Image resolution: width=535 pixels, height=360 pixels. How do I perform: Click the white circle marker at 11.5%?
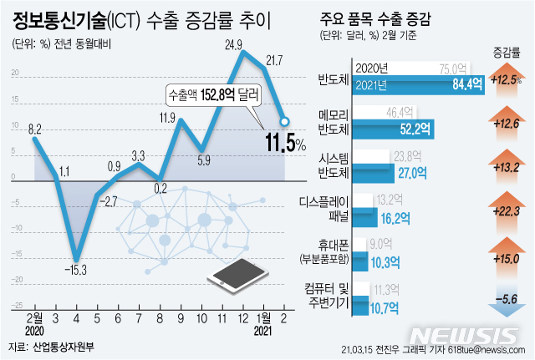[285, 122]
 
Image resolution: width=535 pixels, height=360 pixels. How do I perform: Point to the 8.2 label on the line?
[34, 129]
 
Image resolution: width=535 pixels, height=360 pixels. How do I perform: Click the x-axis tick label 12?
[242, 318]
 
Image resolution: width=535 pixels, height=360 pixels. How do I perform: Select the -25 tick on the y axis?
[16, 306]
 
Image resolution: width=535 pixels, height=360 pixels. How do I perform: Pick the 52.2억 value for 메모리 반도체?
[414, 128]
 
